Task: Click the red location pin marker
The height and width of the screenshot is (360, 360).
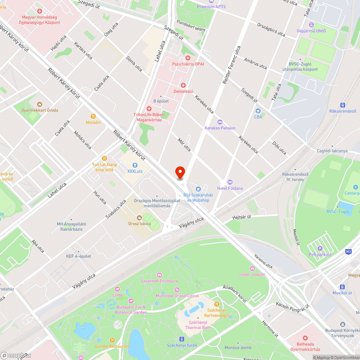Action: point(180,172)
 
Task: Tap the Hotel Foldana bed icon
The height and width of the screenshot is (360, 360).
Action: point(230,182)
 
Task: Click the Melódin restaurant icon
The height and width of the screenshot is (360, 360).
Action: point(93,116)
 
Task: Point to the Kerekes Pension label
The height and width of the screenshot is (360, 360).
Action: point(220,128)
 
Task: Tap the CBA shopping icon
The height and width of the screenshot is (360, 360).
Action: point(258,111)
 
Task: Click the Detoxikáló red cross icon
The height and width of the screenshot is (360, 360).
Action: point(183,85)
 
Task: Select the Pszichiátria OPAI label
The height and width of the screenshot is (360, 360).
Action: point(188,64)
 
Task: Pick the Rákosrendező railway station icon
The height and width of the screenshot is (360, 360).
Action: point(342,105)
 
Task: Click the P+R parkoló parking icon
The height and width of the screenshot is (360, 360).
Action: point(320,248)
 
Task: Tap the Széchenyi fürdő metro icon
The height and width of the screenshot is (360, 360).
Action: point(181,339)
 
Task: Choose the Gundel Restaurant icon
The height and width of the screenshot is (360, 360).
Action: point(112,340)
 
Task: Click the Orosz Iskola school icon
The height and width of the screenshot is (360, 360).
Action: point(139,217)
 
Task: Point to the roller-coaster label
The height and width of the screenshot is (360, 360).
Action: point(252,274)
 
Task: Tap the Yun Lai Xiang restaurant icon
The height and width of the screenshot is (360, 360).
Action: point(104,158)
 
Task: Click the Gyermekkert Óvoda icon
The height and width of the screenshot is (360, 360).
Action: point(40,104)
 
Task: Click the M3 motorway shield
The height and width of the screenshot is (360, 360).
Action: point(348,251)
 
